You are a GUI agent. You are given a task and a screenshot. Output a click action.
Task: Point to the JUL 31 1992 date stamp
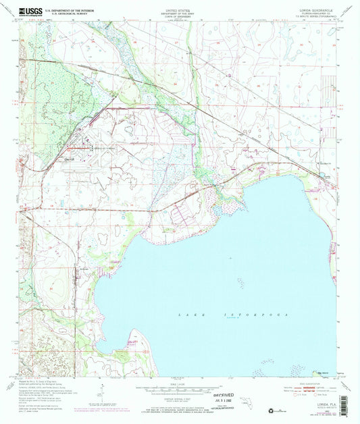(x=217, y=404)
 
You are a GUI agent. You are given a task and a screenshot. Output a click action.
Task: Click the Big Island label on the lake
(x=316, y=372)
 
